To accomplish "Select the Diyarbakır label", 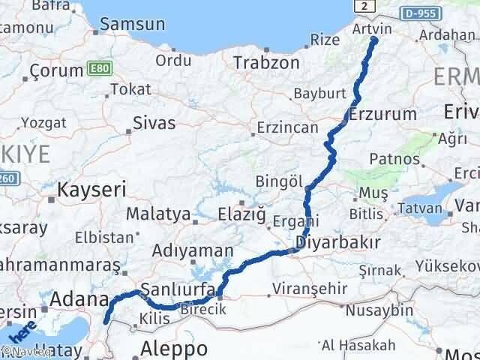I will (x=338, y=242).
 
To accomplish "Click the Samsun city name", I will (x=134, y=24).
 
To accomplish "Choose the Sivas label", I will (x=153, y=122).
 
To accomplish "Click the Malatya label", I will (x=157, y=214).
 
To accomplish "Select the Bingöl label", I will (x=278, y=182).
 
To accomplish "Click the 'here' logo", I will (x=25, y=330).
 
